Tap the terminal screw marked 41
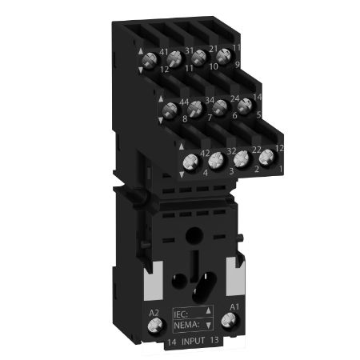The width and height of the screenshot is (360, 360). coord(174,57)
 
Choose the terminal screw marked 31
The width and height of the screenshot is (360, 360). coord(200,57)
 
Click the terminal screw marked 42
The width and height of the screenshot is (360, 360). coord(191,162)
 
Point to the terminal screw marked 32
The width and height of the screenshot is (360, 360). coord(216,160)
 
